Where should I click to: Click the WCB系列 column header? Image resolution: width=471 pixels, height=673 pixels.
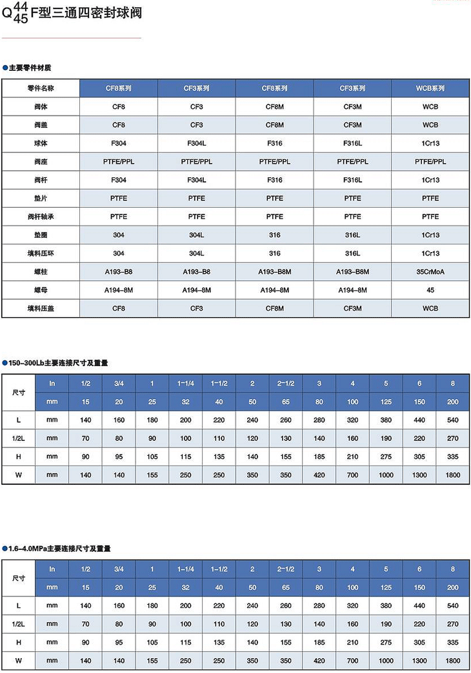[430, 88]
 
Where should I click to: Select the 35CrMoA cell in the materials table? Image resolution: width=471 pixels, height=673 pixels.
[430, 272]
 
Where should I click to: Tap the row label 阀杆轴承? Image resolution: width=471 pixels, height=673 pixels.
[41, 217]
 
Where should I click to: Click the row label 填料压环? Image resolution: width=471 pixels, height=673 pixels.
[41, 253]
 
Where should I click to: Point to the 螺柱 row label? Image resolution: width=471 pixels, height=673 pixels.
[41, 272]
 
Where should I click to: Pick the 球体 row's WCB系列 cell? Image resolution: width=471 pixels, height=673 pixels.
[430, 143]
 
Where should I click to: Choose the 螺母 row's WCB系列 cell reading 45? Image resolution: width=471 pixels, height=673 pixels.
[430, 290]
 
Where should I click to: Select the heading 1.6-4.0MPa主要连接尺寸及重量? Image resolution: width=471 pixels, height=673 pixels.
[59, 549]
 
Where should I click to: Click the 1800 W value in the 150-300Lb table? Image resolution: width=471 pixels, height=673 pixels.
[453, 475]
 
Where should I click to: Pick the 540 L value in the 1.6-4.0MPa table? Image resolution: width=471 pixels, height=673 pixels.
[453, 606]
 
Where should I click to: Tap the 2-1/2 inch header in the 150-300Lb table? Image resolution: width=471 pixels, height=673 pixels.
[286, 384]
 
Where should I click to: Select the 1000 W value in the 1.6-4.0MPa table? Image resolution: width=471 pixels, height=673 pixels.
[386, 661]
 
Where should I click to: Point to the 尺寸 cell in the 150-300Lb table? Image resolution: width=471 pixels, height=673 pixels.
[19, 393]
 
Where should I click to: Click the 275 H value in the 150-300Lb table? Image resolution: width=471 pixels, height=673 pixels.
[386, 456]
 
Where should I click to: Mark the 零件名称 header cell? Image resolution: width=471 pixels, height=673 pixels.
[41, 88]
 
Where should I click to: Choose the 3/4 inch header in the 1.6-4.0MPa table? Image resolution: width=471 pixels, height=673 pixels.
[119, 569]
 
